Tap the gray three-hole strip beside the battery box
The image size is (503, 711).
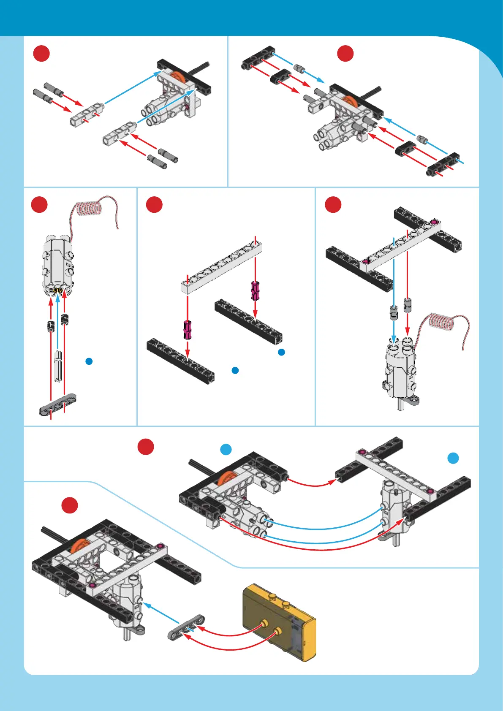point(186,627)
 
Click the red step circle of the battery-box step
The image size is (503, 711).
point(70,505)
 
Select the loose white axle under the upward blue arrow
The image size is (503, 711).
point(58,366)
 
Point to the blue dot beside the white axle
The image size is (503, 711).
point(89,361)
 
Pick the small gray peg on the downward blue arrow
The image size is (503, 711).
point(394,312)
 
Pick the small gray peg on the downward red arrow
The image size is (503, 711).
point(407,305)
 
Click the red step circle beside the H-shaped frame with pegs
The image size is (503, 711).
point(333,205)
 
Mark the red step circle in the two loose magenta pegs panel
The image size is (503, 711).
point(154,205)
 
